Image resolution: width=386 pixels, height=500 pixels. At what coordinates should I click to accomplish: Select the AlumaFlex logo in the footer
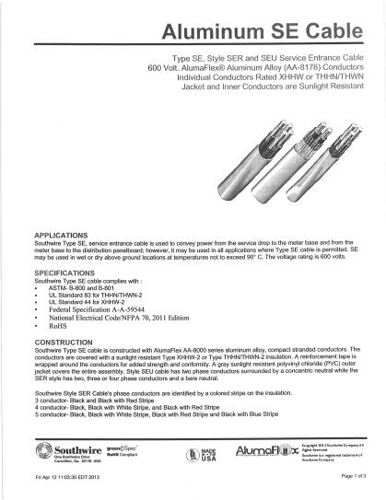click(257, 451)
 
